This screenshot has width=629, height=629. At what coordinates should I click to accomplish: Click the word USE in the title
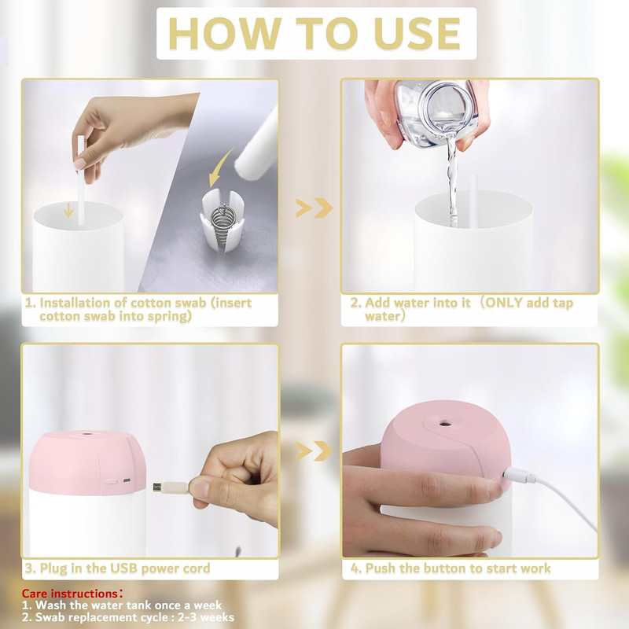(417, 33)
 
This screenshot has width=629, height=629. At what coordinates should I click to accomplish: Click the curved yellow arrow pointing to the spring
(220, 168)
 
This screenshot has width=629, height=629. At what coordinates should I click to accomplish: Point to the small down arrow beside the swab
(68, 210)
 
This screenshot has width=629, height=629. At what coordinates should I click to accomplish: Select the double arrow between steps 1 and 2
(314, 208)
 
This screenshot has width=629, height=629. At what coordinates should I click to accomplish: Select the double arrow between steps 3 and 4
(314, 451)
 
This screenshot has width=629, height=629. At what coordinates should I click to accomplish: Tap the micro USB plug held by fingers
(170, 487)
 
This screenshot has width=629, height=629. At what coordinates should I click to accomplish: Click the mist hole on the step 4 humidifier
(444, 423)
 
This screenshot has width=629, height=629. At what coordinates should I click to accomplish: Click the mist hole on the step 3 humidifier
(86, 434)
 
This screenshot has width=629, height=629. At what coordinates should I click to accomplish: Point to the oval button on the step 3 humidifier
(110, 480)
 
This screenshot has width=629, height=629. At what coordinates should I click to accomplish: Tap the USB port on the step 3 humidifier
(127, 480)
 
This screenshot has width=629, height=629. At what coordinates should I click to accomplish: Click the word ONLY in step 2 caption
(504, 303)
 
